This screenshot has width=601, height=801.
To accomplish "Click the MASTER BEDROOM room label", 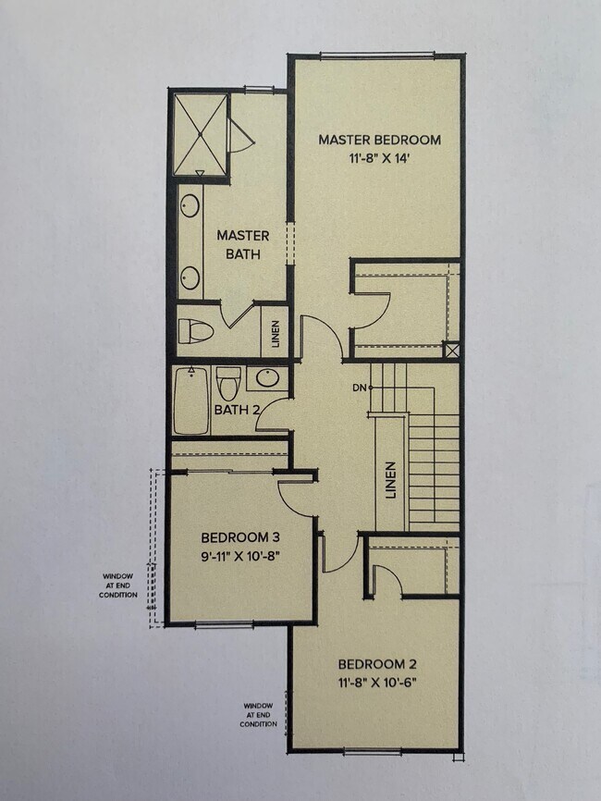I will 379,140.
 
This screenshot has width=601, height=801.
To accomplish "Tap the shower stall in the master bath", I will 198,132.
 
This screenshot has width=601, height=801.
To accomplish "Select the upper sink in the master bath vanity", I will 190,205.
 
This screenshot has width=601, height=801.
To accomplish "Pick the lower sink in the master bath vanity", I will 190,277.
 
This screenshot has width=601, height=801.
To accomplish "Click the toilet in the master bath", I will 195,330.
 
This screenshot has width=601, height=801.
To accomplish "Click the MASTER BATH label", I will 242,244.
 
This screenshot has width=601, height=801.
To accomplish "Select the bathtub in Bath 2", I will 191,401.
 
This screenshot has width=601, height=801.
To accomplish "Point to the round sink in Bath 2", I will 268,378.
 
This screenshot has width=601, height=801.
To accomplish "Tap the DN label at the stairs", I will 359,388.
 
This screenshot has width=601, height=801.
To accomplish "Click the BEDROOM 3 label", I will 240,537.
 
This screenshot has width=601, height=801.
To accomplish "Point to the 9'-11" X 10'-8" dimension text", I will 240,556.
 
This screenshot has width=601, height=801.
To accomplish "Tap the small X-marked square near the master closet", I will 450,351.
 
